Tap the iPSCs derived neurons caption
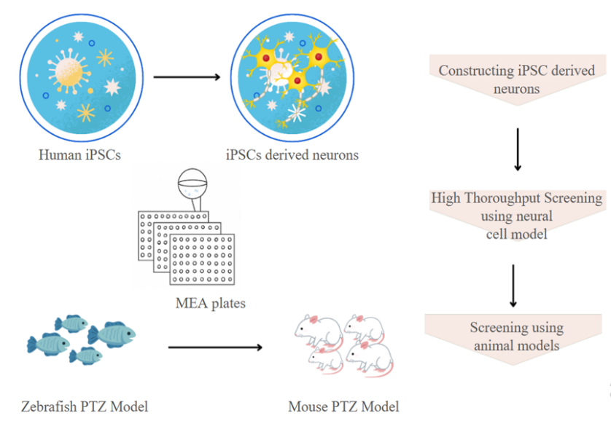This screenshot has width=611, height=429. [x=292, y=155]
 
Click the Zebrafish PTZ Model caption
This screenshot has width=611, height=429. [x=85, y=406]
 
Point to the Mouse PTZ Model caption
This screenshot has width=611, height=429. [x=343, y=406]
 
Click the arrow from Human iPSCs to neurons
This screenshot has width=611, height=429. [x=187, y=77]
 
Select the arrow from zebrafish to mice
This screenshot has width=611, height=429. [x=215, y=347]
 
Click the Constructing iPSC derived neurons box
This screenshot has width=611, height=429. [x=516, y=79]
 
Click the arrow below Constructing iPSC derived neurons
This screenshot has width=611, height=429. [x=518, y=149]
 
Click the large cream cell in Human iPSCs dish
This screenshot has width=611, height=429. [x=69, y=73]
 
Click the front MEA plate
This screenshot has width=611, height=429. [x=201, y=259]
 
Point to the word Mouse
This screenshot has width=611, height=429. [x=308, y=406]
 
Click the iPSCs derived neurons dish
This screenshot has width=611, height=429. [x=292, y=77]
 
